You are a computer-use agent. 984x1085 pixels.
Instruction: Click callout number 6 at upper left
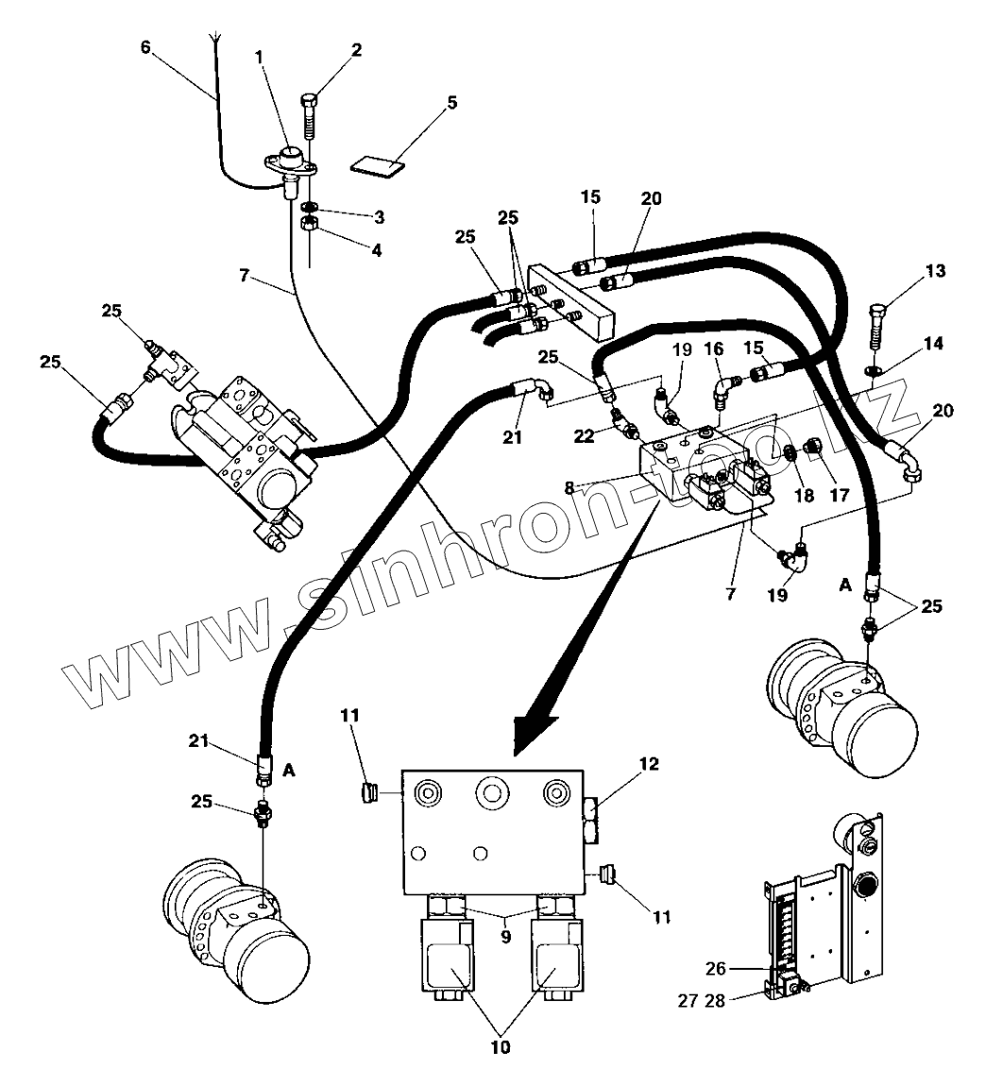pos(146,46)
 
